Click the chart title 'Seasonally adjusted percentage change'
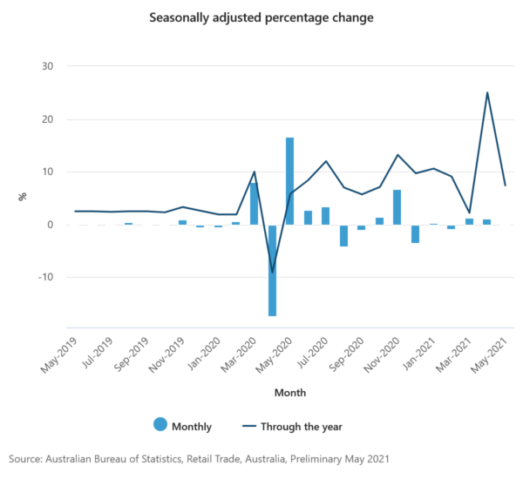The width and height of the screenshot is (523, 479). [x=261, y=17]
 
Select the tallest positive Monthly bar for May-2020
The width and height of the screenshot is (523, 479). [x=289, y=180]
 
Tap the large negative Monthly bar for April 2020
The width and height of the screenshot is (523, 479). [x=272, y=270]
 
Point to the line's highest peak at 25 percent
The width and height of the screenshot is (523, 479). [x=487, y=93]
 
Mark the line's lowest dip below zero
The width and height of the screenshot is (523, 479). [x=272, y=272]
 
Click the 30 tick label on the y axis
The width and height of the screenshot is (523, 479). [x=48, y=66]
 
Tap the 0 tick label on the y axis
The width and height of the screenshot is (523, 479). [x=51, y=225]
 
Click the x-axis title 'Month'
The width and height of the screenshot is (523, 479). [x=289, y=393]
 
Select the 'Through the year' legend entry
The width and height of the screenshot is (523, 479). [x=295, y=426]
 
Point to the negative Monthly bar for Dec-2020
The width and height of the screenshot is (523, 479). [x=415, y=233]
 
